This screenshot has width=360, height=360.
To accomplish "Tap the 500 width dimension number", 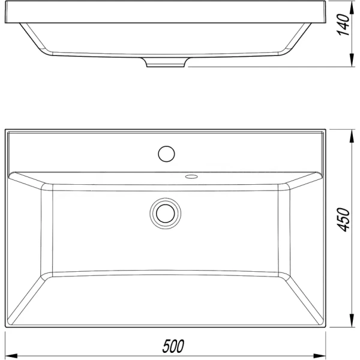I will coord(173,346).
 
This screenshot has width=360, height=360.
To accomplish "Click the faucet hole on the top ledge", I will coord(166,153).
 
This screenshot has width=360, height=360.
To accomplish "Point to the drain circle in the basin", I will coord(164,213).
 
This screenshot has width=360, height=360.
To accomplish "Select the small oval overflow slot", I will coord(191,176).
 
